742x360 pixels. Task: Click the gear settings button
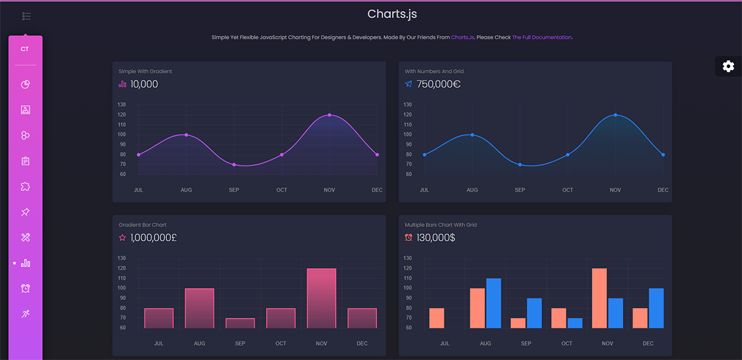728,66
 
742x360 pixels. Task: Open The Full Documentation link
542,38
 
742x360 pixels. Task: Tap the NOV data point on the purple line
330,115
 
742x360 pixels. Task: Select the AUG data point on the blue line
472,135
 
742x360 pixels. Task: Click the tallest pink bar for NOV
322,298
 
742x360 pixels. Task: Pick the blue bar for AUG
493,303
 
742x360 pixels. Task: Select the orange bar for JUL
437,318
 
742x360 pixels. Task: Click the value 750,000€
438,84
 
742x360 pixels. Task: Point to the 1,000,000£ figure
153,238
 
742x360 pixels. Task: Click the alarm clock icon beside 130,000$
409,238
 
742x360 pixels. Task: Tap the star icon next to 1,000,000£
122,238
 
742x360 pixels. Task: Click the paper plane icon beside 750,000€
409,84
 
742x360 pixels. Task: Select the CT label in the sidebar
25,49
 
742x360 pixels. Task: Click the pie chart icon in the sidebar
25,85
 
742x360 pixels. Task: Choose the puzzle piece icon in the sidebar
25,187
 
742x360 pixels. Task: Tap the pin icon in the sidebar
25,212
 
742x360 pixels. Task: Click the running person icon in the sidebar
25,314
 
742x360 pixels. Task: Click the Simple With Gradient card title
145,72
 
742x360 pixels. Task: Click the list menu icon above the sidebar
26,16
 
